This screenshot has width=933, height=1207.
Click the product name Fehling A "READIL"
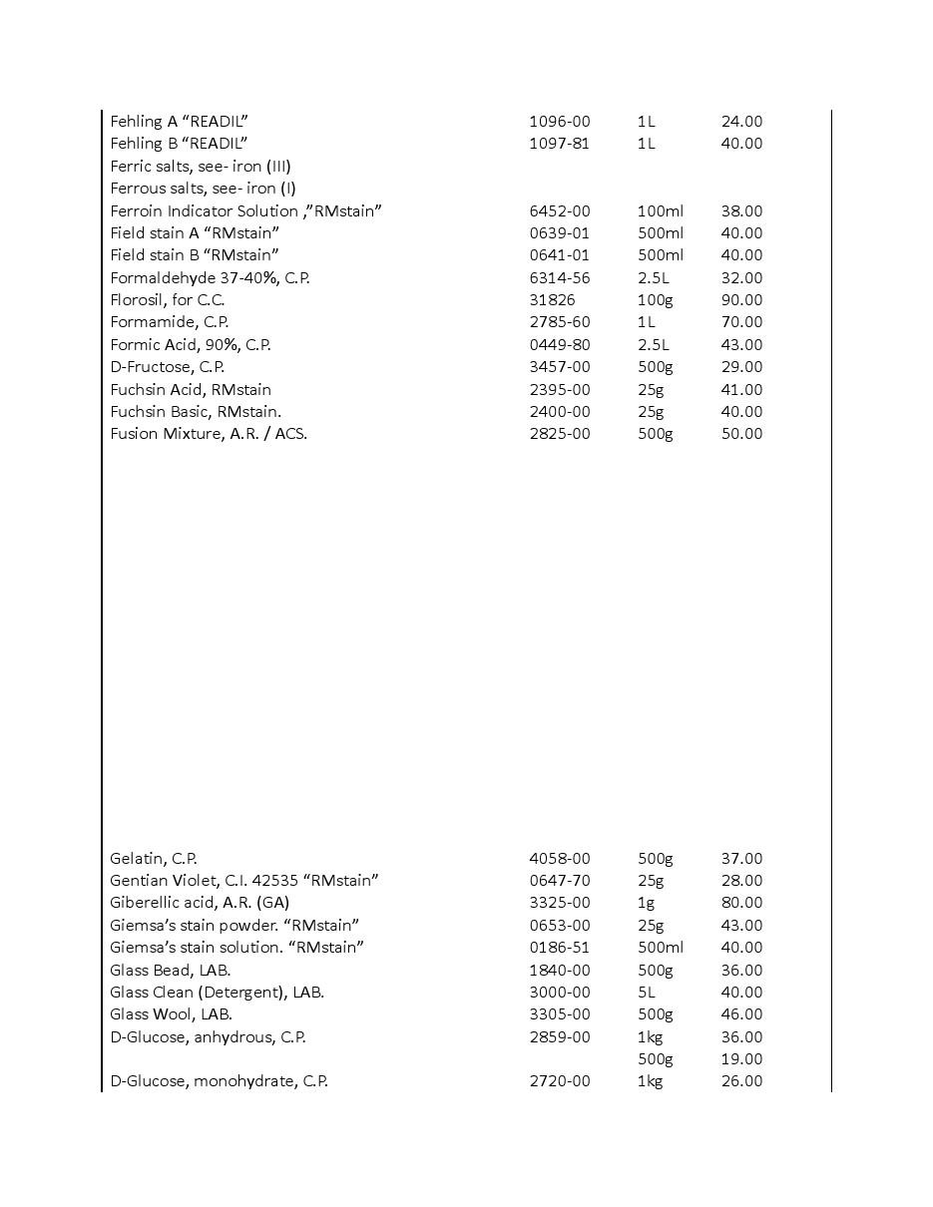coord(179,121)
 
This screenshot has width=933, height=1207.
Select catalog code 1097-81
coord(559,143)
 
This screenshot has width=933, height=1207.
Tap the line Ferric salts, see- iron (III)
coord(200,166)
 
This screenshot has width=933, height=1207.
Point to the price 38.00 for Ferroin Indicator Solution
coord(741,210)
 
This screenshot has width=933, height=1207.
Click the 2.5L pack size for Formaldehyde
coord(653,277)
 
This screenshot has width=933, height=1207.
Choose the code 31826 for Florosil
coord(552,299)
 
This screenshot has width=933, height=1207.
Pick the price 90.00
coord(741,299)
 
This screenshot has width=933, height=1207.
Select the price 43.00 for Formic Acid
coord(741,344)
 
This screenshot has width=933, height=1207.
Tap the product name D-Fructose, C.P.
coord(167,366)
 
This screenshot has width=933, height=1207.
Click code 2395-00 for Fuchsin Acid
coord(559,389)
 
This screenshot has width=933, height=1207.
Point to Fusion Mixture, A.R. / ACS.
coord(208,433)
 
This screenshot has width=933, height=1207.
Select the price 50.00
coord(741,433)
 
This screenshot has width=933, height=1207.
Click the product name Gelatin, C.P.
coord(153,858)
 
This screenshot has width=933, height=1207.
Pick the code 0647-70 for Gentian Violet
coord(559,880)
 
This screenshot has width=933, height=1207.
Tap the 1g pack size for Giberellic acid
coord(646,902)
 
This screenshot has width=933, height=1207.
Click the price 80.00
coord(741,902)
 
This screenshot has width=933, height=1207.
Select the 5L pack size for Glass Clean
coord(647,992)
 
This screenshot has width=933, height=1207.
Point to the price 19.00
coord(741,1058)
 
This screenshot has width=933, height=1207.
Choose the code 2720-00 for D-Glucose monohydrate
coord(559,1080)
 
